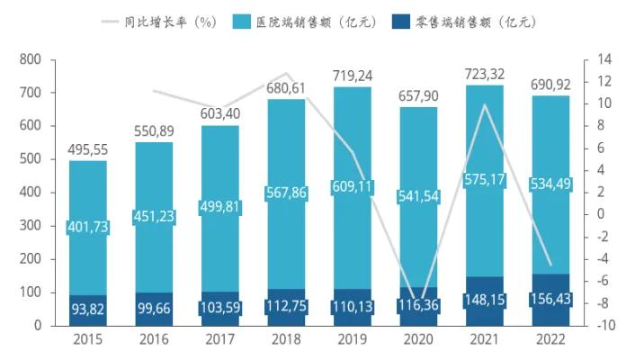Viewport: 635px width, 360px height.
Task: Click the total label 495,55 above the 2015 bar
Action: click(x=88, y=148)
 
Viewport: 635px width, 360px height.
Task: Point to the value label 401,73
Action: click(x=88, y=228)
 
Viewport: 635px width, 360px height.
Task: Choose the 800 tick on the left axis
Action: click(x=31, y=59)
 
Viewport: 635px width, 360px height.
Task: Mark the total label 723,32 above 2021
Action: click(x=486, y=73)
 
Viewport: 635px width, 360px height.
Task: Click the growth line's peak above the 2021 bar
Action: click(x=486, y=104)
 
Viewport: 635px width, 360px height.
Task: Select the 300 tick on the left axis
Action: click(x=31, y=226)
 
